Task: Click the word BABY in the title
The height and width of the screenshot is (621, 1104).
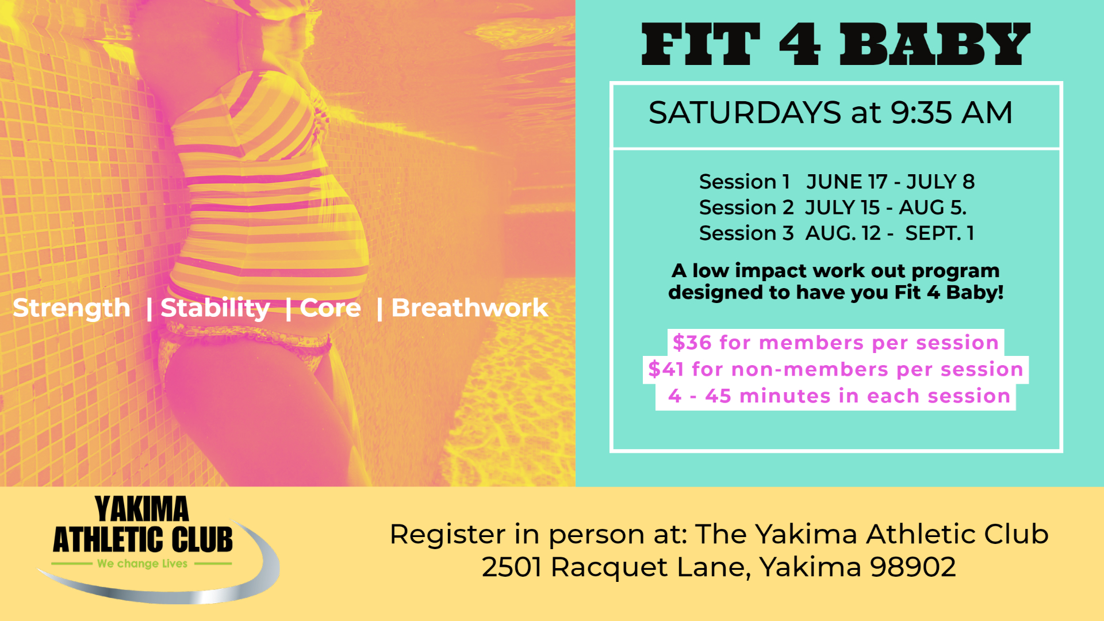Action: [935, 44]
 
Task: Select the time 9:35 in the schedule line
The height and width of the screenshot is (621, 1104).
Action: [921, 113]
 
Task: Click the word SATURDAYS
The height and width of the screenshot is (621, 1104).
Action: [745, 113]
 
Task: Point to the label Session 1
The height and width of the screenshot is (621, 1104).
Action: [744, 182]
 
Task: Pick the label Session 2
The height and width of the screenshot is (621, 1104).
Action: [746, 208]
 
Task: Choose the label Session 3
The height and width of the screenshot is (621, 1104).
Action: [746, 233]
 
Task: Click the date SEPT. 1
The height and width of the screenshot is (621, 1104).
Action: [940, 233]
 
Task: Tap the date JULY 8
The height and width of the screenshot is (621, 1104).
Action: [941, 182]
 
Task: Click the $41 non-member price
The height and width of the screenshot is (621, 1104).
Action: [666, 369]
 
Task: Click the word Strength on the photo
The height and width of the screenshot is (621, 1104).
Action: [72, 309]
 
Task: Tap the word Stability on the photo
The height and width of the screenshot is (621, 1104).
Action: [215, 309]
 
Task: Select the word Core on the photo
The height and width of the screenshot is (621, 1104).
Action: [331, 309]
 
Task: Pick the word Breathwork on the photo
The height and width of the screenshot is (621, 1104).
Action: [470, 308]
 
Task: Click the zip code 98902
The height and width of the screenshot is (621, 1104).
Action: [913, 568]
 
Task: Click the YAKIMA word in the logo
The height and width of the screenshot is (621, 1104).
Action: [142, 509]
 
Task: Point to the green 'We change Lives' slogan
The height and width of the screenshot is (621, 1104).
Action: [143, 564]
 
